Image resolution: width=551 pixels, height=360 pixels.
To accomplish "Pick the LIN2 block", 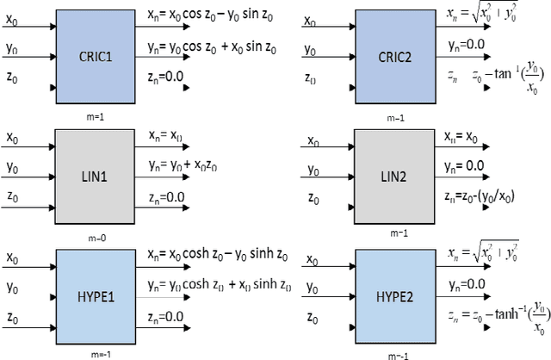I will pyautogui.click(x=391, y=176).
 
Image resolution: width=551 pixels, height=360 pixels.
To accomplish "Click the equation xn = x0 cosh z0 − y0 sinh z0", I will pyautogui.click(x=221, y=256).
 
